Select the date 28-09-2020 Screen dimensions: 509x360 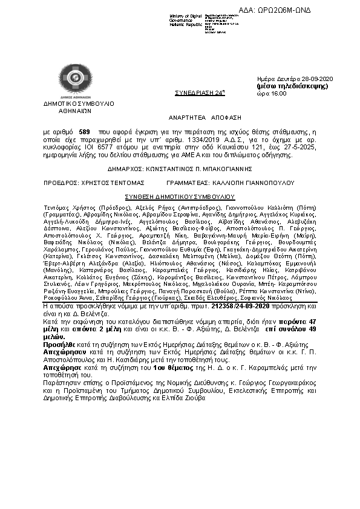coord(328,80)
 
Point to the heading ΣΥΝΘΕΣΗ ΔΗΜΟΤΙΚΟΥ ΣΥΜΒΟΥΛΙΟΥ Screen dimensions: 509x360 coord(180,196)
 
